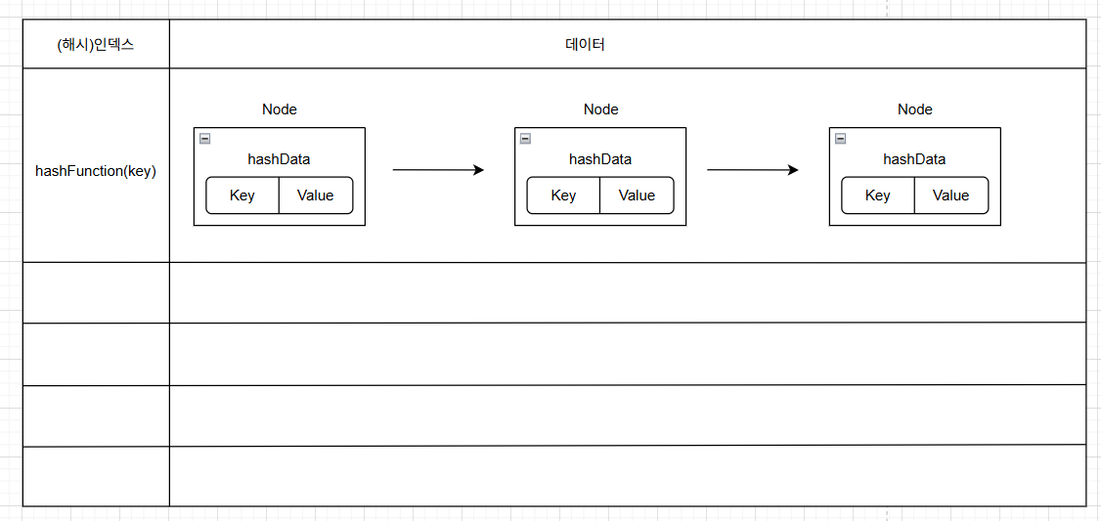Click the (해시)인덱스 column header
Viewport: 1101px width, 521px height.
96,46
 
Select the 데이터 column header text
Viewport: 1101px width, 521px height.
585,46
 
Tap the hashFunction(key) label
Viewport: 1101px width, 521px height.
96,171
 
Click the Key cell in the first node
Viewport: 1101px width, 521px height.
242,195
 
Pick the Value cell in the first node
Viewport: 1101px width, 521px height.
316,195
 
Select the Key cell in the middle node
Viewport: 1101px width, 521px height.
563,195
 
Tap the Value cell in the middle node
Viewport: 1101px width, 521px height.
637,195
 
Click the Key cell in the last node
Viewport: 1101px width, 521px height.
878,195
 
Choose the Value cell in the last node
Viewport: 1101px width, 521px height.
951,195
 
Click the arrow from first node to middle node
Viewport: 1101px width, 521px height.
439,170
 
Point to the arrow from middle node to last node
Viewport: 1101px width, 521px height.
753,170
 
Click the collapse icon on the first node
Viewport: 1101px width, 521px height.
205,139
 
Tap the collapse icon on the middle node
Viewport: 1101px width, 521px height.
525,139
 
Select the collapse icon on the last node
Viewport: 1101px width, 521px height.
840,139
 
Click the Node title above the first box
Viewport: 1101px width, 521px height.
280,109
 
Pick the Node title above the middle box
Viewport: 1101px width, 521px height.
601,109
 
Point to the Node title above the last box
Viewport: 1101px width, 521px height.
915,109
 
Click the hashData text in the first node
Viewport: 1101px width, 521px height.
279,159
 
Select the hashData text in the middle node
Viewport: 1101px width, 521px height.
600,159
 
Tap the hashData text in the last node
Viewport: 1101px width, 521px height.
914,159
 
